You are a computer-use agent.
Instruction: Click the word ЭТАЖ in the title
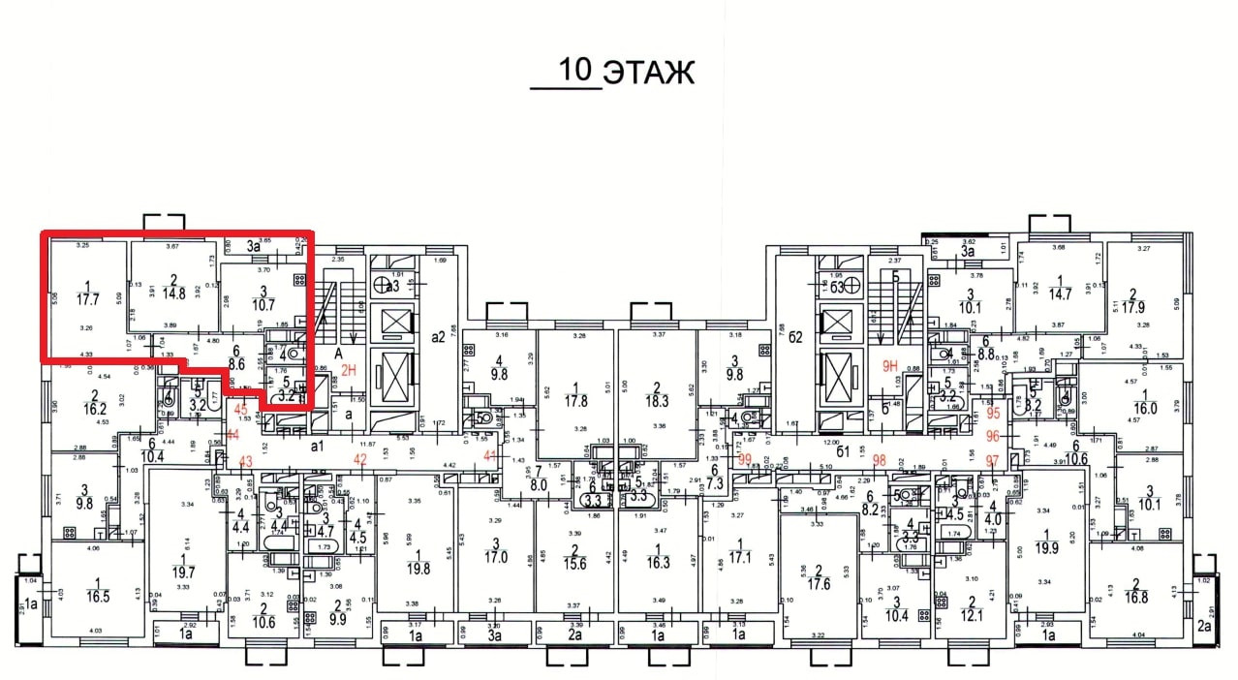point(648,73)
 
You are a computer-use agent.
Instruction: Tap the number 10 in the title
point(575,71)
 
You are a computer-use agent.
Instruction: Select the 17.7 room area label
point(89,298)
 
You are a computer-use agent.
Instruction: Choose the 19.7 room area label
point(184,572)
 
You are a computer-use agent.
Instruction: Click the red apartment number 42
point(360,459)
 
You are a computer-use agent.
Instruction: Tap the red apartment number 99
point(745,459)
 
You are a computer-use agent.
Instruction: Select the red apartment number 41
point(490,455)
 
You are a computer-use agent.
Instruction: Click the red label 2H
point(350,369)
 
